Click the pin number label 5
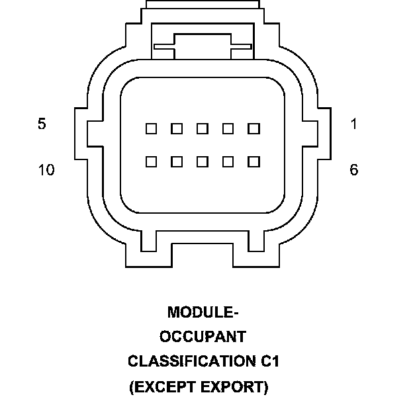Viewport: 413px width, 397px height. click(x=42, y=124)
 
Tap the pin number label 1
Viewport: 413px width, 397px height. click(x=354, y=124)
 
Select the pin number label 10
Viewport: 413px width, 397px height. click(x=46, y=170)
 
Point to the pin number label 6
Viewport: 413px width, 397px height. click(x=354, y=170)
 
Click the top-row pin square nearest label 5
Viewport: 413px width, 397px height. click(x=152, y=128)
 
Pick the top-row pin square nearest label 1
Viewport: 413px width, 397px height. click(x=253, y=128)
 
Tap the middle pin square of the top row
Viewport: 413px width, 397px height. click(x=203, y=128)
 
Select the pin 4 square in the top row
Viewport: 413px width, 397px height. click(x=177, y=128)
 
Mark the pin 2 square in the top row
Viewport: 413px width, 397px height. click(x=228, y=128)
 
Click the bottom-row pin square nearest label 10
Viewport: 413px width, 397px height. click(x=152, y=161)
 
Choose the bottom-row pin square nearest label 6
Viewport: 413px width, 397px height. click(x=253, y=161)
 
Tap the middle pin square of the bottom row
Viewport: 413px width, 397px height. click(x=203, y=161)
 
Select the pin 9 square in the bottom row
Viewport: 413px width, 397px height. click(x=177, y=161)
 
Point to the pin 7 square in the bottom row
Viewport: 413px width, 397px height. click(x=228, y=161)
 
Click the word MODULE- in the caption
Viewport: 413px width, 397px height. click(x=203, y=312)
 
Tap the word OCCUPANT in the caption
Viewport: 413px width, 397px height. click(x=203, y=337)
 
